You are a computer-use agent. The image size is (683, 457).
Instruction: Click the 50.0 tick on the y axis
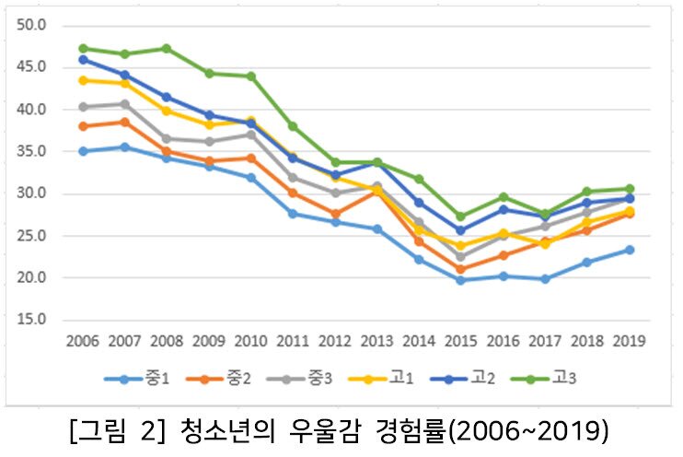click(x=31, y=25)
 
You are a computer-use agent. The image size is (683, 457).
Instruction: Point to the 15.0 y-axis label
click(x=31, y=320)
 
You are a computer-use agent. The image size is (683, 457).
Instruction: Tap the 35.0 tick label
click(x=31, y=151)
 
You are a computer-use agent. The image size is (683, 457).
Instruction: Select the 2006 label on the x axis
click(x=84, y=341)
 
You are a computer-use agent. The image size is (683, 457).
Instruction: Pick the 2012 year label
click(x=334, y=341)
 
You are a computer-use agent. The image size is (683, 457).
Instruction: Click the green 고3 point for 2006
click(x=84, y=48)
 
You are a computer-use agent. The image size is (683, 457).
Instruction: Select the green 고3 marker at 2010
click(x=250, y=76)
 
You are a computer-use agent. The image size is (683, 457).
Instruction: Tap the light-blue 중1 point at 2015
click(x=460, y=280)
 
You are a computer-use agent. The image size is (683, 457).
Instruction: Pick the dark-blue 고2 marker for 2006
click(x=84, y=59)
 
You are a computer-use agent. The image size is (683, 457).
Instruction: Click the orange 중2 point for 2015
click(x=460, y=269)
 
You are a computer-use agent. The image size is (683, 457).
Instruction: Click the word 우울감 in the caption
click(x=314, y=430)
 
